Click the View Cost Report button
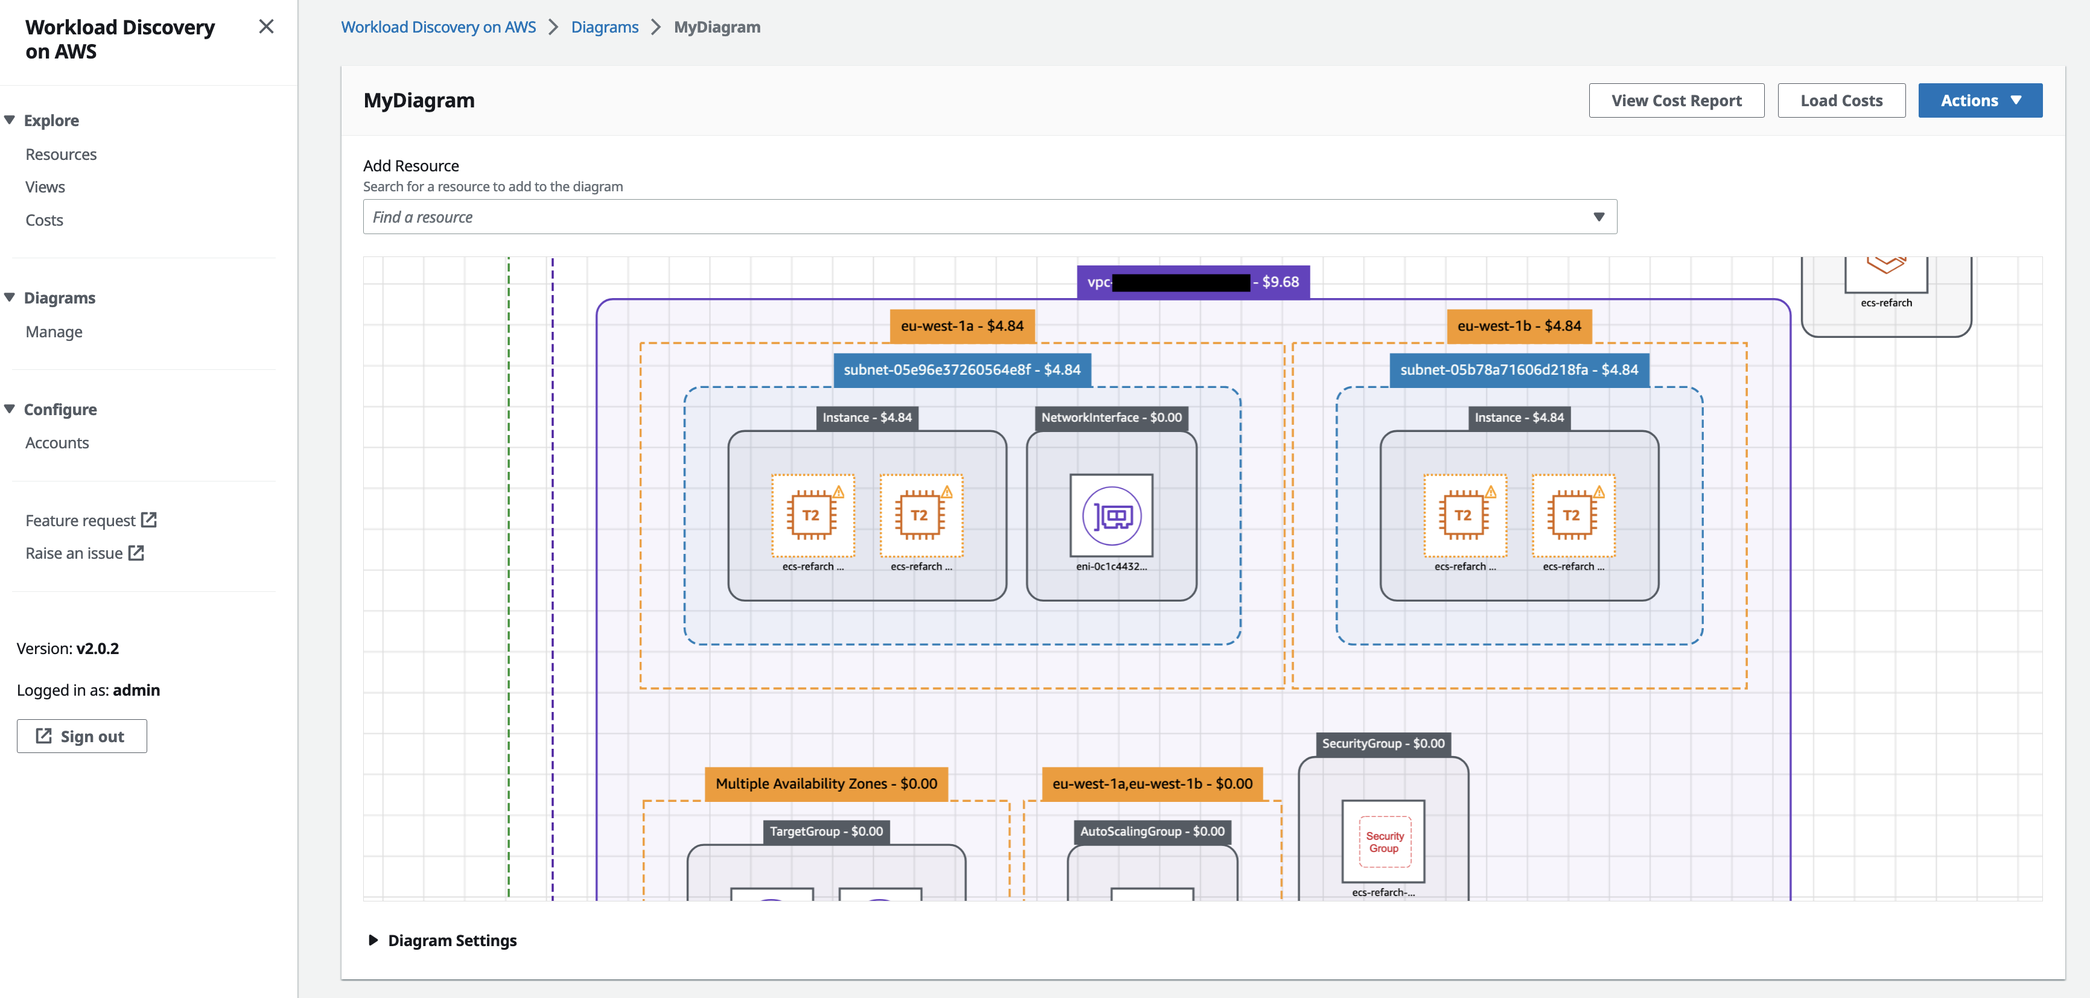(x=1675, y=101)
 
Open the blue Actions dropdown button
(x=1979, y=101)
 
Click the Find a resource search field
(x=974, y=217)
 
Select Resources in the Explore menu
(x=61, y=154)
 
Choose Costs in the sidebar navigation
(x=44, y=220)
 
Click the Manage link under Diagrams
(x=54, y=332)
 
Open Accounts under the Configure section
(x=57, y=443)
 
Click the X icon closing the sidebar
(x=266, y=27)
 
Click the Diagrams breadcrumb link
(x=605, y=27)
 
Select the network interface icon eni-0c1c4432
(x=1111, y=515)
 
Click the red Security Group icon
(x=1383, y=841)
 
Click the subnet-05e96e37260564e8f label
(x=961, y=370)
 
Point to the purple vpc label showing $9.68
(x=1193, y=282)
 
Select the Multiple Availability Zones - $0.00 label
(x=826, y=784)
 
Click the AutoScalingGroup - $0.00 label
(x=1152, y=831)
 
